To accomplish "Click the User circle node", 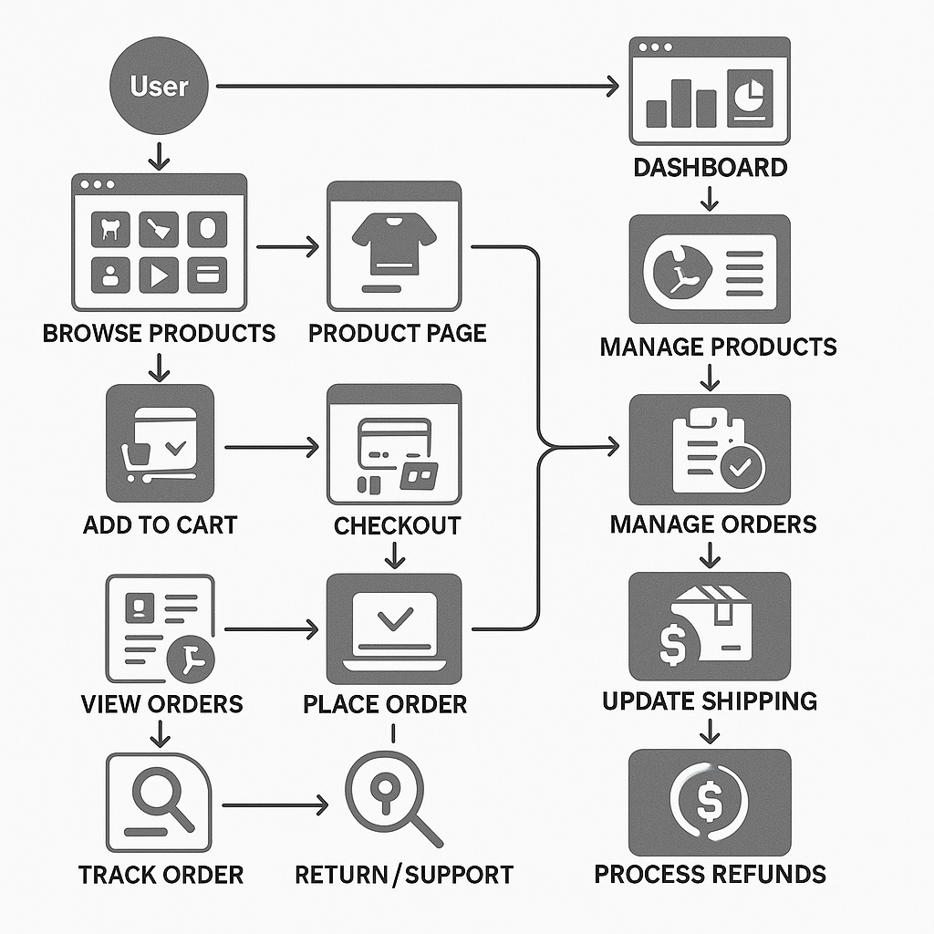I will point(159,87).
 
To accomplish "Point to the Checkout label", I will point(396,525).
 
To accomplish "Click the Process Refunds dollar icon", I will point(710,801).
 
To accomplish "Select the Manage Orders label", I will point(712,524).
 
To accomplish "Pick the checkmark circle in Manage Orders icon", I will point(742,468).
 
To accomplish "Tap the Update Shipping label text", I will point(709,700).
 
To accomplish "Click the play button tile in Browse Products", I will point(158,275).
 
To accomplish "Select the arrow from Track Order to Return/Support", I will point(274,805).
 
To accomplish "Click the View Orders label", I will point(161,703).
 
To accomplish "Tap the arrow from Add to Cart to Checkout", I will point(271,447).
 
